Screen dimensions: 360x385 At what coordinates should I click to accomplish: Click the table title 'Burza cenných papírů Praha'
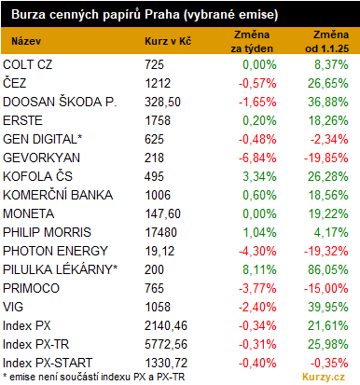coord(95,15)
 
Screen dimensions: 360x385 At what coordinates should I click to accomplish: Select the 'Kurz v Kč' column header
coord(168,41)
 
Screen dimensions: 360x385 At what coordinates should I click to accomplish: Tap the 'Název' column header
coord(26,41)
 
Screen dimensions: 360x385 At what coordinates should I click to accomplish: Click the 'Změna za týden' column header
coord(252,41)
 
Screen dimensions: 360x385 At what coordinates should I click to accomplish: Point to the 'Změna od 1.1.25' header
coord(327,41)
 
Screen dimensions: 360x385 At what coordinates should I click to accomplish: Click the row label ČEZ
coord(15,83)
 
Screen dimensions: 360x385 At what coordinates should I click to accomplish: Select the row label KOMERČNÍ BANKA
coord(58,195)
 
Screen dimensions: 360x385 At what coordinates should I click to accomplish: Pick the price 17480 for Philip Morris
coord(160,232)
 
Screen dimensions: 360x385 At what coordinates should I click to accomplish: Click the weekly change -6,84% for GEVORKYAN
coord(257,158)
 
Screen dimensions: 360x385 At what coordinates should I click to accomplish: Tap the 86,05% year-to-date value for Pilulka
coord(328,269)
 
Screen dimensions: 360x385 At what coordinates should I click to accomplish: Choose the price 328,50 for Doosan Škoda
coord(162,102)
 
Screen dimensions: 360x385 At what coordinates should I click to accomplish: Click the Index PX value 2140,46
coord(166,325)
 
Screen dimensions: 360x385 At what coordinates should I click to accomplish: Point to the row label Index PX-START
coord(48,363)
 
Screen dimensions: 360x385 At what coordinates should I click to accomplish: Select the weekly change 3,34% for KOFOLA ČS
coord(259,176)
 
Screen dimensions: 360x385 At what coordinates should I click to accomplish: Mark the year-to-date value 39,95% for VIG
coord(328,307)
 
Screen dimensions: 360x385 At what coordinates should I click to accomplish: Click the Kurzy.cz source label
coord(324,377)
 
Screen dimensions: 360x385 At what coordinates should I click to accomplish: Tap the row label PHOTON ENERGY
coord(55,251)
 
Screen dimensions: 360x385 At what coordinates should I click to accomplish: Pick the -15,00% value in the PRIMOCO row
coord(326,288)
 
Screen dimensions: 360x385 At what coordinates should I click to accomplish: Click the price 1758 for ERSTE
coord(158,120)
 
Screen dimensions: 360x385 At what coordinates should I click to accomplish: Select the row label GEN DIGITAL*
coord(43,139)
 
